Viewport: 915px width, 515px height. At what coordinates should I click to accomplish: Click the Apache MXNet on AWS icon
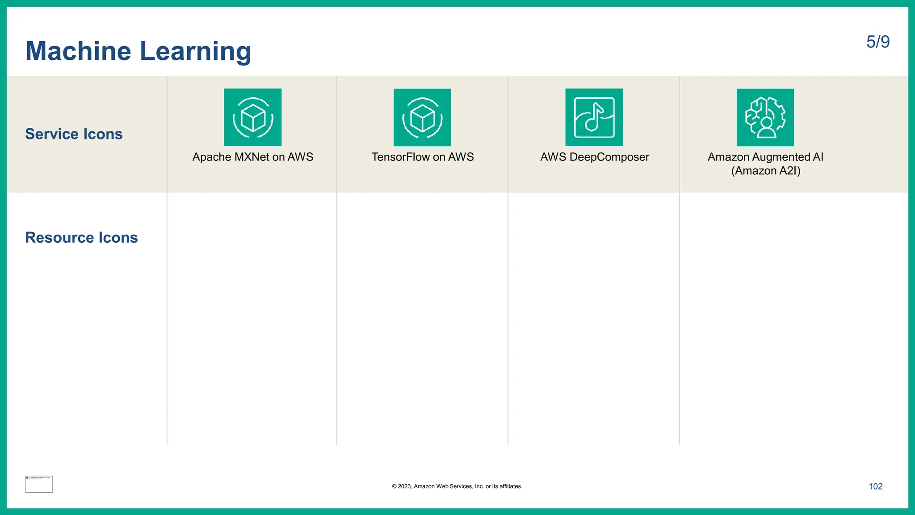[253, 117]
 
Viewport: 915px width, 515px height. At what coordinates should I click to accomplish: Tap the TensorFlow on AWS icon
[422, 117]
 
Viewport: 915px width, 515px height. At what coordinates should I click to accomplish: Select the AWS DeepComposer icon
[594, 117]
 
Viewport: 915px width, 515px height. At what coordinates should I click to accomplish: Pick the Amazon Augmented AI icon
[765, 117]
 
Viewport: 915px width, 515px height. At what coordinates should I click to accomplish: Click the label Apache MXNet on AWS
[253, 157]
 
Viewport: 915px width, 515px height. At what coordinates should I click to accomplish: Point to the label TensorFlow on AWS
[422, 157]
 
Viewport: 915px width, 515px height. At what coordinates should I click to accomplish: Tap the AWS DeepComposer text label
[594, 157]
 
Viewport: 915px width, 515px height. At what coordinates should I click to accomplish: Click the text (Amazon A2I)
[766, 171]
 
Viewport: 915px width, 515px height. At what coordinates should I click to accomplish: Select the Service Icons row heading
[74, 134]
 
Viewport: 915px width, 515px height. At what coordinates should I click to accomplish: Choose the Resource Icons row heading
[81, 237]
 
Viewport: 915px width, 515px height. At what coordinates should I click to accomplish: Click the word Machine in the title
[78, 51]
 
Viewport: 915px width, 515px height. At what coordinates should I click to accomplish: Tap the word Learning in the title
[196, 51]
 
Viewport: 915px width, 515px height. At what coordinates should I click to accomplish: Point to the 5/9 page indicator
[878, 42]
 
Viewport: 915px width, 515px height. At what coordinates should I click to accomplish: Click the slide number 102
[875, 486]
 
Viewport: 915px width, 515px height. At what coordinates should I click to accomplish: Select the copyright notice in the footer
[457, 486]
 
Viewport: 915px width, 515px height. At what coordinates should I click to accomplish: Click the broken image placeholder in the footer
[39, 484]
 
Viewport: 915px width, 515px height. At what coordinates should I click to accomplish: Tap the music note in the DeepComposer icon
[593, 117]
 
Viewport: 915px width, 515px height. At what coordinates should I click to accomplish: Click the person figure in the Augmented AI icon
[767, 127]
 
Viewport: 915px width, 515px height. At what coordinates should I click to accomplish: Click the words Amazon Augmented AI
[765, 157]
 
